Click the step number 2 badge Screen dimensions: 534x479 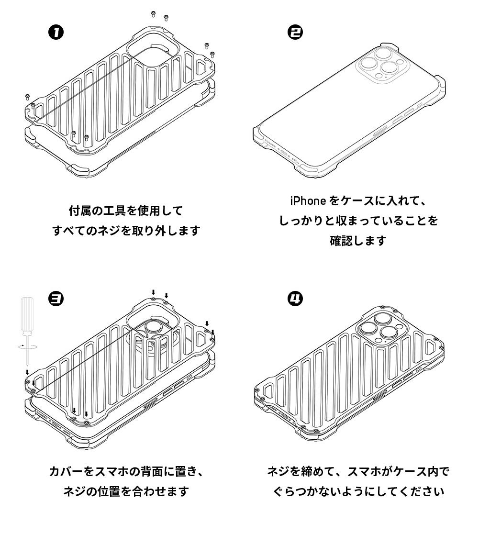click(x=295, y=33)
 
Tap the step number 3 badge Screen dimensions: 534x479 click(x=56, y=299)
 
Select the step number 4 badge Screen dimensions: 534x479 click(x=295, y=299)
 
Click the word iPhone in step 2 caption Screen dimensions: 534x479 click(x=308, y=200)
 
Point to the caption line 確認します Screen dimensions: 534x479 click(x=358, y=241)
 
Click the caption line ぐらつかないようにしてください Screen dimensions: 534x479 click(x=358, y=491)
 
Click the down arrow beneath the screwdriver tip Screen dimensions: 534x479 click(x=27, y=371)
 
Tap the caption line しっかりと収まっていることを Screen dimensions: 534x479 click(x=358, y=221)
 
